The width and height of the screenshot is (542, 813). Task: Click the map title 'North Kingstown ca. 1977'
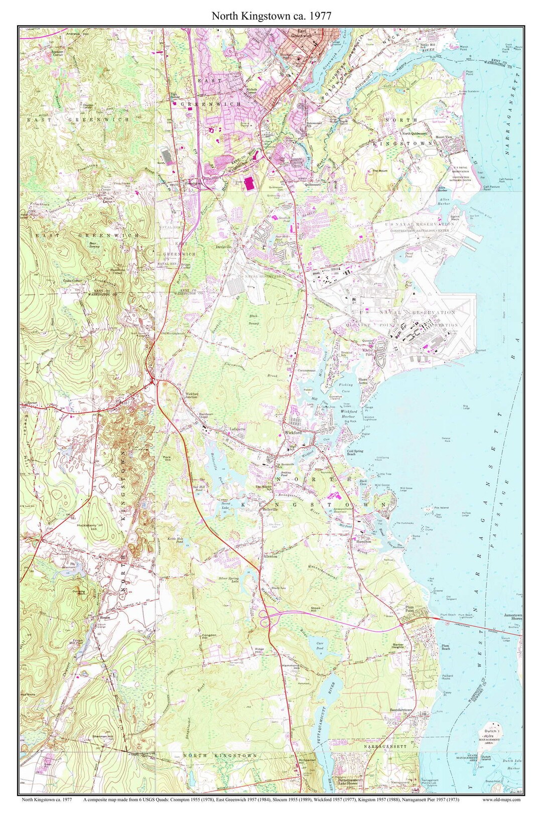(271, 16)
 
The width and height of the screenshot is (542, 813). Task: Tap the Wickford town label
(292, 432)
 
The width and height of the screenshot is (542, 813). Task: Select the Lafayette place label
(237, 430)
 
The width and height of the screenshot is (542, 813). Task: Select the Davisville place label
(224, 247)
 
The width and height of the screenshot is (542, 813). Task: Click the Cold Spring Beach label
(355, 452)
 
